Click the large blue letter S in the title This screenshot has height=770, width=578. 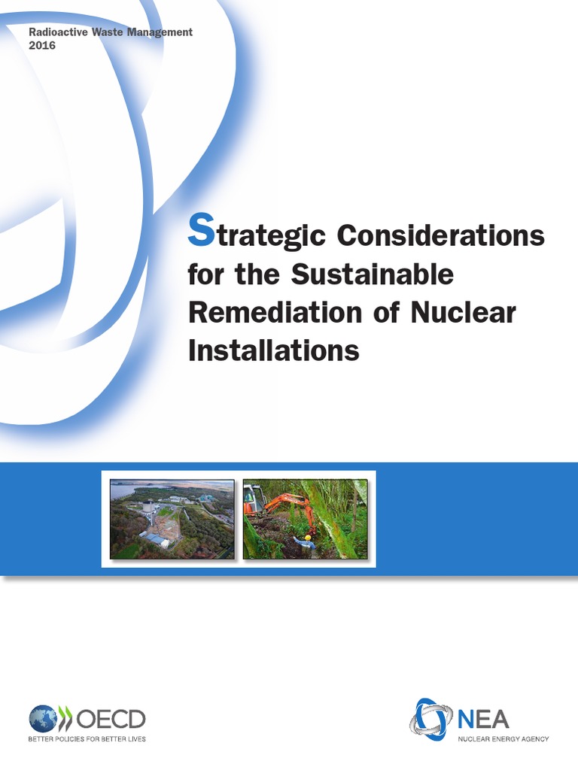(x=201, y=231)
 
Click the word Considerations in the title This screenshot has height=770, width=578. (x=440, y=235)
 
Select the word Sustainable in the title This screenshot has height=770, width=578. (x=373, y=274)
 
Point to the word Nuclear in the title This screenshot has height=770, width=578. (x=463, y=312)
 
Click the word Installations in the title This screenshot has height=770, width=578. (x=273, y=350)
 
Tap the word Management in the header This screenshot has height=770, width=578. (x=160, y=32)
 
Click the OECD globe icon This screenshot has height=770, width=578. (x=44, y=720)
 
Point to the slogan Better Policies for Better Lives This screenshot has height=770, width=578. (x=87, y=739)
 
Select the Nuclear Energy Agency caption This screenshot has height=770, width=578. (x=503, y=738)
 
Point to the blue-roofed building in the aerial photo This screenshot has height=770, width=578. (x=157, y=540)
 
